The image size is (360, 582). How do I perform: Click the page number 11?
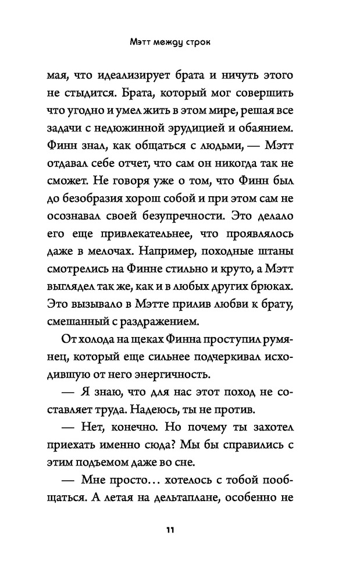click(170, 530)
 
